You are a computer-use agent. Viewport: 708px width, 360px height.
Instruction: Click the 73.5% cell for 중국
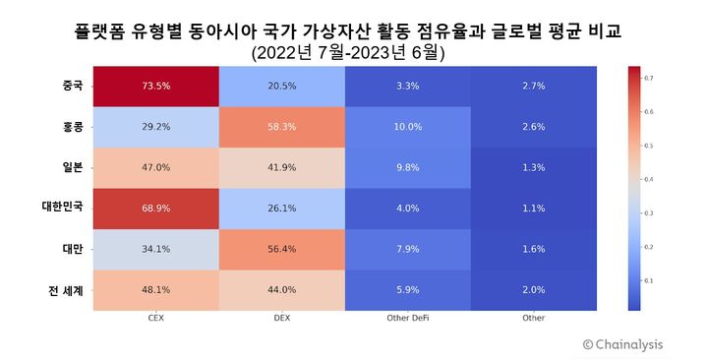tap(155, 86)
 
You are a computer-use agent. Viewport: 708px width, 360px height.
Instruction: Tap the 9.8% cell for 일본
tap(407, 167)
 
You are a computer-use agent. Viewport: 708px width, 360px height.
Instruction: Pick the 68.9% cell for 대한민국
tap(155, 208)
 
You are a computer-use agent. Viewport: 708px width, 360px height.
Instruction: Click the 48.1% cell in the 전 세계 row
tap(155, 289)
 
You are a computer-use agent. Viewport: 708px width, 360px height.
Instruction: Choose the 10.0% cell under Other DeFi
tap(407, 127)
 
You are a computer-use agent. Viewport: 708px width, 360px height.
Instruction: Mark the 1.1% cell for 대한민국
tap(533, 208)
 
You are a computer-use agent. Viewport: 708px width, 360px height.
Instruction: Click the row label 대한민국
tap(62, 209)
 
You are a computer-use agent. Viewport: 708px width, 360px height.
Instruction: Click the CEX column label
tap(155, 319)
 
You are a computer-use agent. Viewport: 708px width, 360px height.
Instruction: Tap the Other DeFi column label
tap(407, 319)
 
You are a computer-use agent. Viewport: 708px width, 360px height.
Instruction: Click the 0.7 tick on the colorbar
tap(650, 77)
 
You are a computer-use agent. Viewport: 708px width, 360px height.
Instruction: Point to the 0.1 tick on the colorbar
tap(650, 281)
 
